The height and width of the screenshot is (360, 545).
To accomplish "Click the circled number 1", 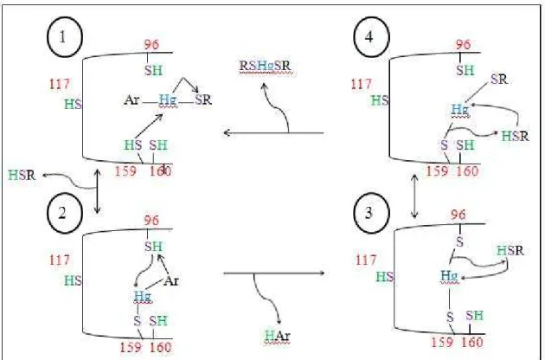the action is [x=65, y=37].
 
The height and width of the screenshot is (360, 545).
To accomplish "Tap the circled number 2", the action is [x=65, y=213].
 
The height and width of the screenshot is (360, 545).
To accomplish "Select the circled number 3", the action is [x=371, y=213].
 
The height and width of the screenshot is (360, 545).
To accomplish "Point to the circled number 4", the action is [x=371, y=37].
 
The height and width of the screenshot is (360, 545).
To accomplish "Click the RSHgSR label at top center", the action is [x=266, y=66].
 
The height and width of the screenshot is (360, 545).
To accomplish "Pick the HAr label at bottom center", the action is [x=277, y=336].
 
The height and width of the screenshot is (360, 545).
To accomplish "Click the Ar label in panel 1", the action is [x=131, y=100].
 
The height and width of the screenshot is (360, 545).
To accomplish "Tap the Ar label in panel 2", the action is [x=171, y=280].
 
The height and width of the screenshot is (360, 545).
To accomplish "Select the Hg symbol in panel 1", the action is [x=168, y=100].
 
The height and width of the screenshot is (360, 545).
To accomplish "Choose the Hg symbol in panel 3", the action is [x=449, y=277].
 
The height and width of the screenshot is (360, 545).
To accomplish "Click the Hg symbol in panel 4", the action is [x=460, y=110].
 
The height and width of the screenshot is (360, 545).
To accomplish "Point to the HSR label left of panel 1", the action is [x=22, y=175].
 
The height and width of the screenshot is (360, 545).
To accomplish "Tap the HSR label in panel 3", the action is [x=510, y=250].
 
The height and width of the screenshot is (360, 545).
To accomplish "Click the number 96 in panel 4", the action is [x=463, y=44].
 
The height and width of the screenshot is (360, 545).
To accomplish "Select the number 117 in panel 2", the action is [x=60, y=260].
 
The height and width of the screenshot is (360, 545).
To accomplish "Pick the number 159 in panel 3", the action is [x=442, y=343].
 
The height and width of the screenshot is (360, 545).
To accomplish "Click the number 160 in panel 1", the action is [x=161, y=171].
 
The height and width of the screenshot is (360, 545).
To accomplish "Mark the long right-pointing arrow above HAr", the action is [x=274, y=273].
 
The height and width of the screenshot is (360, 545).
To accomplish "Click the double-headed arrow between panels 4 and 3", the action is [x=414, y=196].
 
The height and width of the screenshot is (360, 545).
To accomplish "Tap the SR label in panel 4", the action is [x=499, y=80].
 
